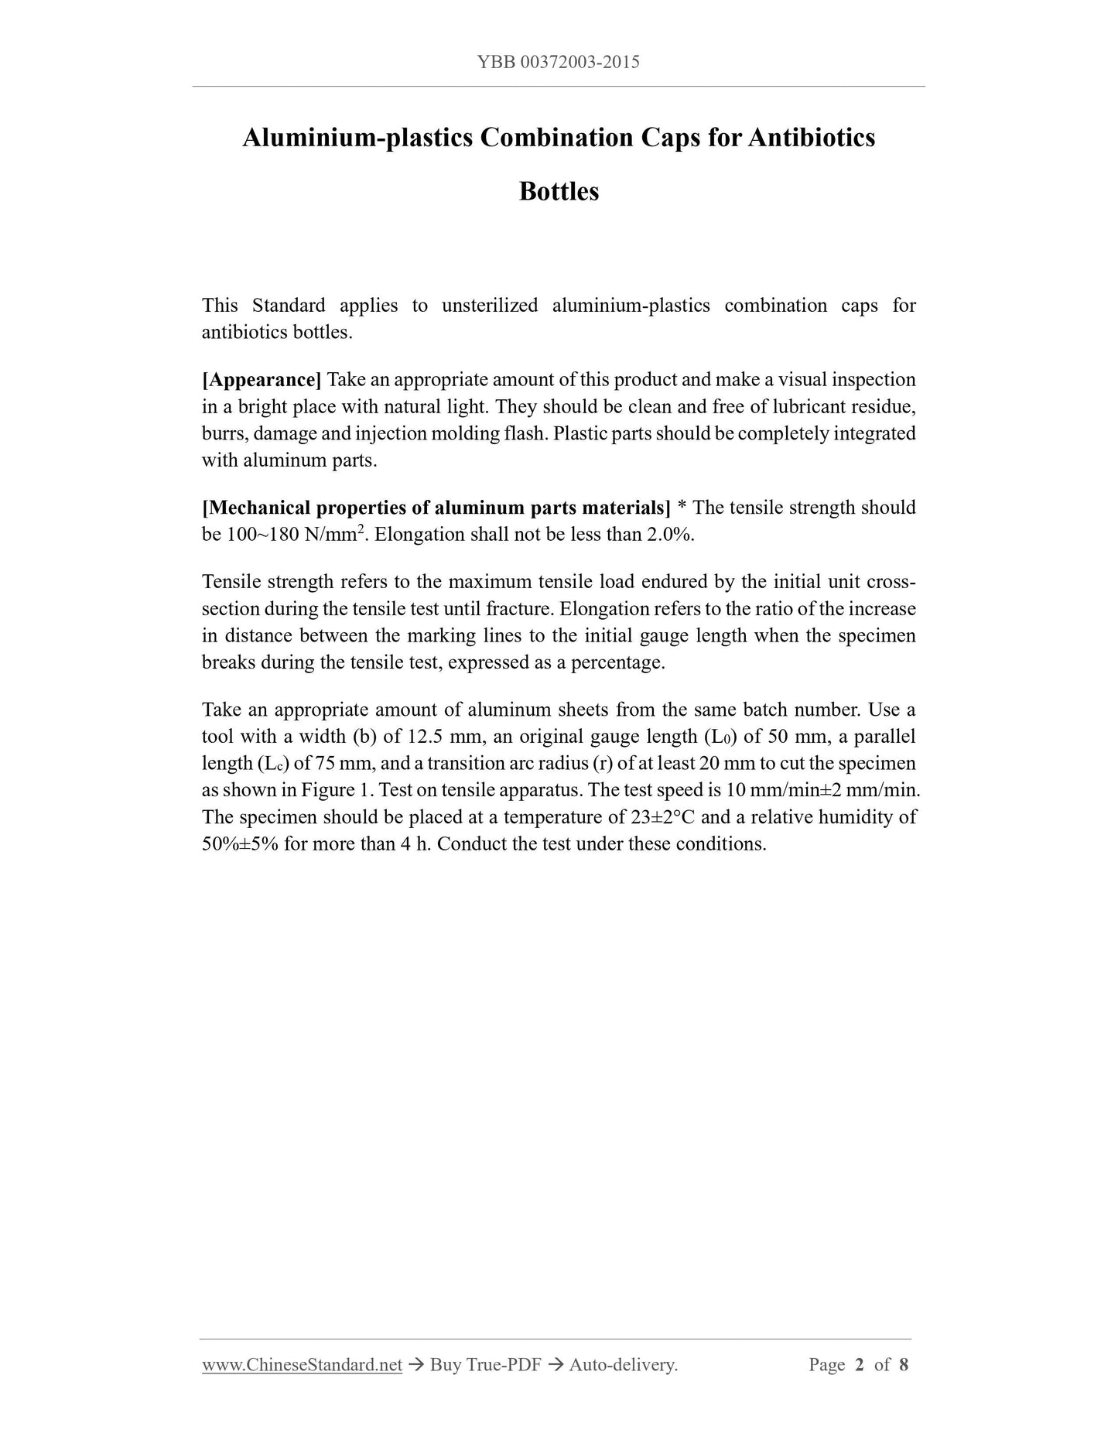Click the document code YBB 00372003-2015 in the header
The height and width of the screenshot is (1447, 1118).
[559, 63]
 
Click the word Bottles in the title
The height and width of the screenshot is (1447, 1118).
[559, 191]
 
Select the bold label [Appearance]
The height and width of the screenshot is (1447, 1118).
[262, 380]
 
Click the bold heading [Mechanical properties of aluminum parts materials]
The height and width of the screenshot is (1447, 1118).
[436, 508]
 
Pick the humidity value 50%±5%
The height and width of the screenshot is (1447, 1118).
[240, 844]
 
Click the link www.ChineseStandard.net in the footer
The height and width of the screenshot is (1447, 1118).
[302, 1365]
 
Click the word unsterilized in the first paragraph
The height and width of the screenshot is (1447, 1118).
[490, 306]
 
